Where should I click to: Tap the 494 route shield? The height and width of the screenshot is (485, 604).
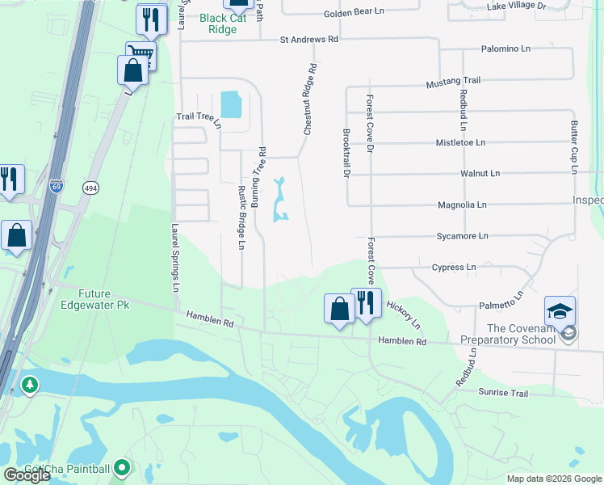coord(90,188)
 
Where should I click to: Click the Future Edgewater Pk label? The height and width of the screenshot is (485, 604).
coord(94,299)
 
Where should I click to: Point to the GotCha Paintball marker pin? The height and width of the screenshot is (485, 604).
coord(122,467)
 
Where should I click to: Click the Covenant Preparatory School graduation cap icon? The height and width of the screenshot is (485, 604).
coord(560,310)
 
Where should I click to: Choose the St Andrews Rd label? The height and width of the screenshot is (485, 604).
coord(309,39)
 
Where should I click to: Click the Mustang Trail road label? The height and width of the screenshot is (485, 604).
coord(453,81)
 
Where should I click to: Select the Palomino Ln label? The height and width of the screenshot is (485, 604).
coord(504,48)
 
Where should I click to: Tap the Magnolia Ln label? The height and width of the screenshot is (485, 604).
coord(462,205)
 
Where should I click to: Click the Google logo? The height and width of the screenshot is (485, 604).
coord(27,475)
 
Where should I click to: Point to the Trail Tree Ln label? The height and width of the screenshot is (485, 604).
coord(199,117)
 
